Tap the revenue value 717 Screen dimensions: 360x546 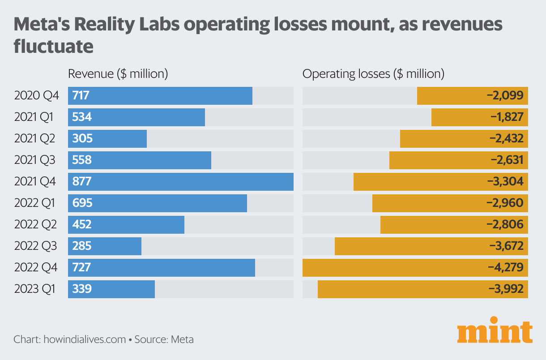pos(81,96)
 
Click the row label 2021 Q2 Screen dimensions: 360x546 pos(34,139)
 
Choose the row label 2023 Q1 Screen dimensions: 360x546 pos(34,289)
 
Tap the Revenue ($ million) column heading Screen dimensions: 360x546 pos(118,74)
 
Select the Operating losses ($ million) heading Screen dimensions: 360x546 pos(373,74)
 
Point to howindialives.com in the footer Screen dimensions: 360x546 pos(85,339)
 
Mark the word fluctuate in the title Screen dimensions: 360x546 pos(53,46)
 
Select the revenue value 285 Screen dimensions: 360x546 pos(82,246)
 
